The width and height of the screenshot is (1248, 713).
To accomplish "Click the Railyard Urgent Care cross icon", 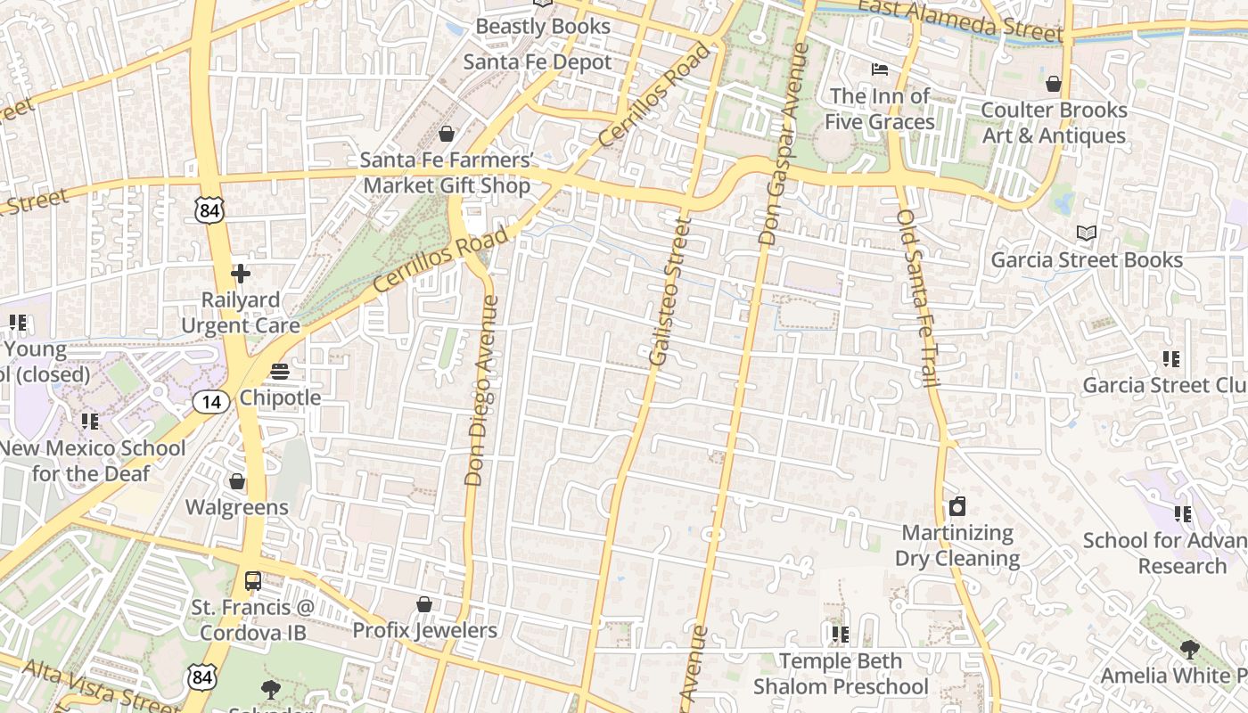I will [240, 274].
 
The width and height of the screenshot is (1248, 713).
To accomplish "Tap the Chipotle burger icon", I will [280, 371].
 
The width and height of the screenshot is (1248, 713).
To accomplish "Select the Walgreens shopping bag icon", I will [237, 482].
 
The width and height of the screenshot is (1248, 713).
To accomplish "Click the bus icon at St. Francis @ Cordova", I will [253, 581].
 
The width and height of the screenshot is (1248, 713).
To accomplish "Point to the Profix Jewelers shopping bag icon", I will [424, 604].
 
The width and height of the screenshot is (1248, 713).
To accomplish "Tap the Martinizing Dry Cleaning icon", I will [957, 507].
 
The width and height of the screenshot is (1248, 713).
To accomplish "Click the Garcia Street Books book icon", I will [1086, 234].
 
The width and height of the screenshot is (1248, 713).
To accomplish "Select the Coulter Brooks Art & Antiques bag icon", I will [1054, 84].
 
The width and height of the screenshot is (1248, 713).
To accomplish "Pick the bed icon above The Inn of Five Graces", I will [880, 69].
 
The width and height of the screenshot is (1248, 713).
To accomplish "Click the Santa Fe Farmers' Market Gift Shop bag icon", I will [447, 135].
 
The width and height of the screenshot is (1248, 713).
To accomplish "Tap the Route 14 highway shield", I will [211, 402].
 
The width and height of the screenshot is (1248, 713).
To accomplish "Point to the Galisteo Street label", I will [670, 291].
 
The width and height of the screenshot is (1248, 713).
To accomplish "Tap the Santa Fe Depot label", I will [538, 62].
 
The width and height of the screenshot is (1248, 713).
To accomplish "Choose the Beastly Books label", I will [543, 26].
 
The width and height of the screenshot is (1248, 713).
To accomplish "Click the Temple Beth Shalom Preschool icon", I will [840, 634].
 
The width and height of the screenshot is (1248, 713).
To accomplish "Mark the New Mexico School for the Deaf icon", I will [89, 421].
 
